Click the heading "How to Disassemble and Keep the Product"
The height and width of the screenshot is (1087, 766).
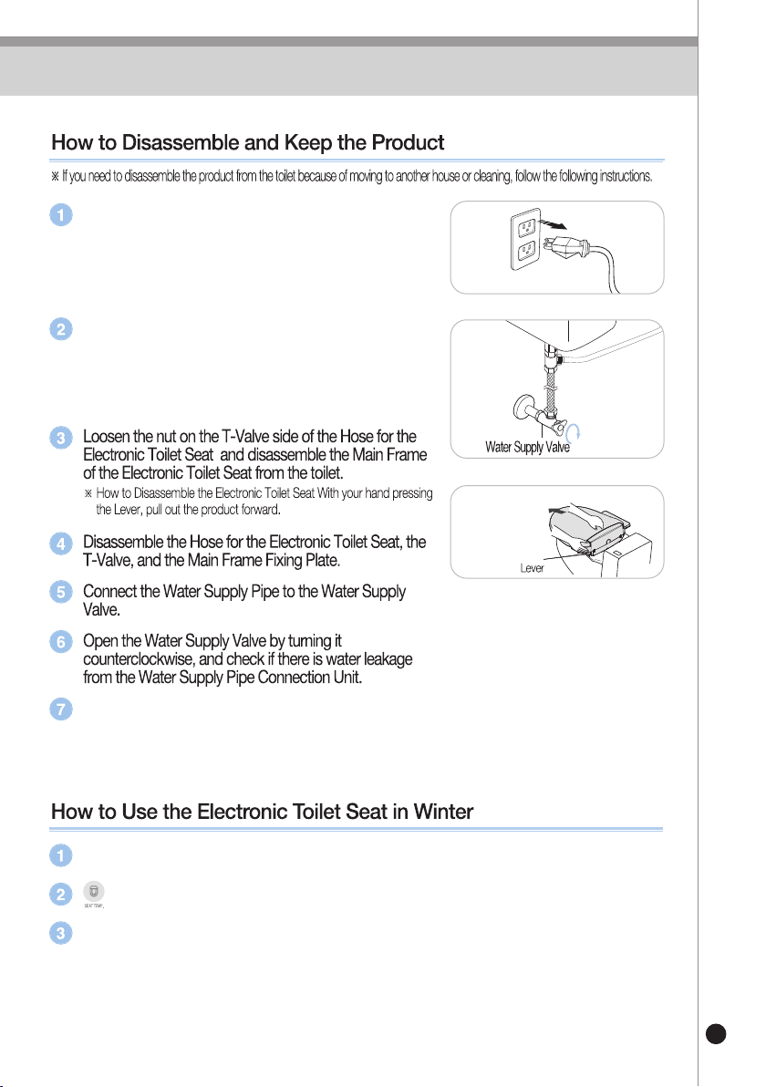point(247,142)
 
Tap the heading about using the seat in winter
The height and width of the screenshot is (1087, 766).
point(262,811)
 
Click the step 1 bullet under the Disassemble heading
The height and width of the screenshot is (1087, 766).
point(61,215)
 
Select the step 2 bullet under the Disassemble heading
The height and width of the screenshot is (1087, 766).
point(61,328)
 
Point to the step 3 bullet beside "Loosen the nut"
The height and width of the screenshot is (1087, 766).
point(61,438)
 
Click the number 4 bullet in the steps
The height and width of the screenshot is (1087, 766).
point(61,543)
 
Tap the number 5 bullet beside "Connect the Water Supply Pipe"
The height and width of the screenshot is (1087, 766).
point(61,592)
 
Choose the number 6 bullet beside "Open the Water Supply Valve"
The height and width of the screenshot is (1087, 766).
point(61,642)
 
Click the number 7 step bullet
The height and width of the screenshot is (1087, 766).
point(61,709)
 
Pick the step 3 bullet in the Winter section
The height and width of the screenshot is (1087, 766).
point(61,933)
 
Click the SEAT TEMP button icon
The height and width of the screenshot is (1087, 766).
point(94,892)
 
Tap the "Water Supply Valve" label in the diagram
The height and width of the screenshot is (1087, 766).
point(527,447)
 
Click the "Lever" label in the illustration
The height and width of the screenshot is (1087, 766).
point(532,568)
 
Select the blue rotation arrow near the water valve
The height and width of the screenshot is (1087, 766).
point(574,432)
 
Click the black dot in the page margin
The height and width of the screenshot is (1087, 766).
point(716,1033)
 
